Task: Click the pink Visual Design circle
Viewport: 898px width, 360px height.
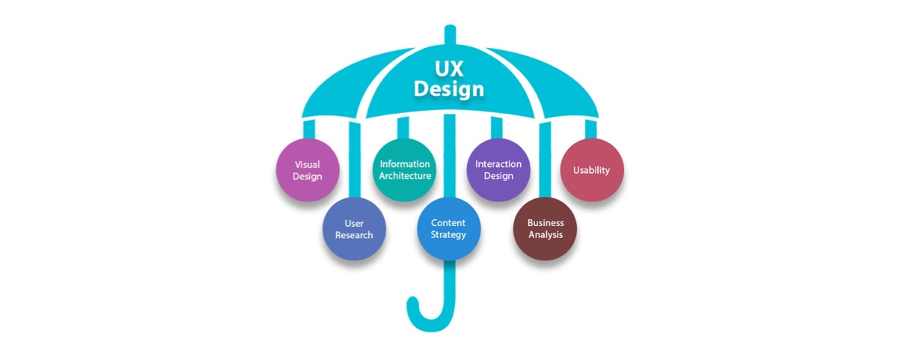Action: pyautogui.click(x=308, y=170)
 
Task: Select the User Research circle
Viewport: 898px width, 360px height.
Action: pyautogui.click(x=354, y=229)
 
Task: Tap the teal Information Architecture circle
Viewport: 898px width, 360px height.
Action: pyautogui.click(x=405, y=170)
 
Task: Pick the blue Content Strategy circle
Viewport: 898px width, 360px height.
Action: pyautogui.click(x=448, y=229)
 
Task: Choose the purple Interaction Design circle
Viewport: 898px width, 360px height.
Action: pyautogui.click(x=498, y=170)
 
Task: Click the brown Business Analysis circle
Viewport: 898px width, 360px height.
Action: pyautogui.click(x=546, y=229)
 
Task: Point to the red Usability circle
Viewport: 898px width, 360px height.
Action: pyautogui.click(x=592, y=170)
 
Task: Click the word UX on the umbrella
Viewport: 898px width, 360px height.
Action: pyautogui.click(x=449, y=69)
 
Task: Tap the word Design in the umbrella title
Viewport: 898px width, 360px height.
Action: pyautogui.click(x=449, y=89)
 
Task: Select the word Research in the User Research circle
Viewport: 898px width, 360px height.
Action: pyautogui.click(x=354, y=235)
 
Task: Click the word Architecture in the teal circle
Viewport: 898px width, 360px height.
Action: pyautogui.click(x=405, y=176)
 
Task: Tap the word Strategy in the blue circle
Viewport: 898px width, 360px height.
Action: pyautogui.click(x=448, y=234)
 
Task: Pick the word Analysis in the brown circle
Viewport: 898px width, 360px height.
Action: pyautogui.click(x=546, y=234)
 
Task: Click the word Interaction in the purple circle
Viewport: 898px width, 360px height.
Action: pyautogui.click(x=498, y=164)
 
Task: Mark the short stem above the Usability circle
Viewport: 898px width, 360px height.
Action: pyautogui.click(x=591, y=129)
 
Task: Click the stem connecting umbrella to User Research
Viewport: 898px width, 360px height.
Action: pyautogui.click(x=355, y=160)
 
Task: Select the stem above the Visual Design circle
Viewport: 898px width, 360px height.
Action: pyautogui.click(x=308, y=129)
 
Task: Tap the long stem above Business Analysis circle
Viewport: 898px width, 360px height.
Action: pyautogui.click(x=545, y=160)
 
